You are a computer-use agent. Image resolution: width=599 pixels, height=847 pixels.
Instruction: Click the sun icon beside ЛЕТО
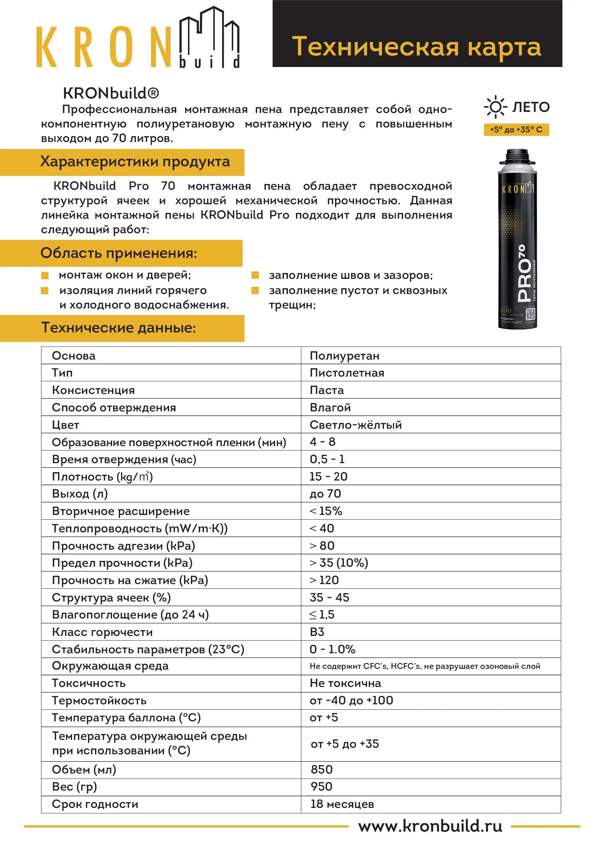tap(495, 107)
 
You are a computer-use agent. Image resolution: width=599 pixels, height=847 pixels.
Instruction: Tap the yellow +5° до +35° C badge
tap(516, 130)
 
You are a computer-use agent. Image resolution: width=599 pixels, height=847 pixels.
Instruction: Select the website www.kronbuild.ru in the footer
tap(430, 826)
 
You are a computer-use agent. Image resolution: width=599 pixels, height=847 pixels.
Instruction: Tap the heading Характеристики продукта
tap(135, 162)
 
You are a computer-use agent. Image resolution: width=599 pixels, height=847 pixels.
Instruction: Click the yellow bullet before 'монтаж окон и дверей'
tap(45, 275)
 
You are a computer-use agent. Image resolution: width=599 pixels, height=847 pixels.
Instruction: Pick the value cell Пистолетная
tap(347, 373)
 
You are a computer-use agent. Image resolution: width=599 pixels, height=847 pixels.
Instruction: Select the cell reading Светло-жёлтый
tap(356, 425)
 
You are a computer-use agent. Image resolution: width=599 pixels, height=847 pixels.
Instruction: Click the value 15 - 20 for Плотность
tap(328, 476)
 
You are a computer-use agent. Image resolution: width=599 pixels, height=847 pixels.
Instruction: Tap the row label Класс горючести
tap(102, 632)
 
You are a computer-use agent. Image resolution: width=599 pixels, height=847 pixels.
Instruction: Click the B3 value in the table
tap(317, 632)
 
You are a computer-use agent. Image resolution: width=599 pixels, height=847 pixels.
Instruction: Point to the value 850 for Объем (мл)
tap(322, 770)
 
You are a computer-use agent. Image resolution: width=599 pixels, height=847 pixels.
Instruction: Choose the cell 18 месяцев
tap(342, 804)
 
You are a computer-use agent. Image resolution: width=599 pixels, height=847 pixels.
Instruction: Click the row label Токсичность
tap(88, 683)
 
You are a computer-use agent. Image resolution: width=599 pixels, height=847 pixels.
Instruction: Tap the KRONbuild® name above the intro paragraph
tap(111, 93)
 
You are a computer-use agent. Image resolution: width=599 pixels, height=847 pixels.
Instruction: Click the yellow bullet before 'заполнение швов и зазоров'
tap(255, 275)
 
